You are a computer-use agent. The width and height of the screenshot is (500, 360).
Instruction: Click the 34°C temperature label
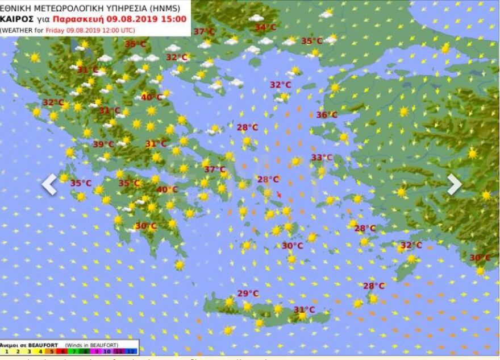(x=265, y=27)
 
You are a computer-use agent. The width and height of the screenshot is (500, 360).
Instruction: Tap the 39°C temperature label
(x=103, y=144)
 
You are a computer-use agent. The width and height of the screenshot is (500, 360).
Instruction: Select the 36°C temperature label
(x=327, y=115)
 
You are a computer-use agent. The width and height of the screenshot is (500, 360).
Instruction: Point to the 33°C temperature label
(x=322, y=158)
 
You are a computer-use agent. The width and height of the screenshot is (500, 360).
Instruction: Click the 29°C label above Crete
(x=248, y=293)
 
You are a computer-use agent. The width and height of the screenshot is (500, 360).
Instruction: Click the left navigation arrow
(x=49, y=184)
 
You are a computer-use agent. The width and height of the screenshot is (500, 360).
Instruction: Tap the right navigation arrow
(x=454, y=184)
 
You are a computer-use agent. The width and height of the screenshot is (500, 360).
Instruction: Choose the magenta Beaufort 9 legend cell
(x=96, y=351)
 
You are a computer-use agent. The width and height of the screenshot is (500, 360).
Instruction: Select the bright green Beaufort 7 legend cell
(x=73, y=351)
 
